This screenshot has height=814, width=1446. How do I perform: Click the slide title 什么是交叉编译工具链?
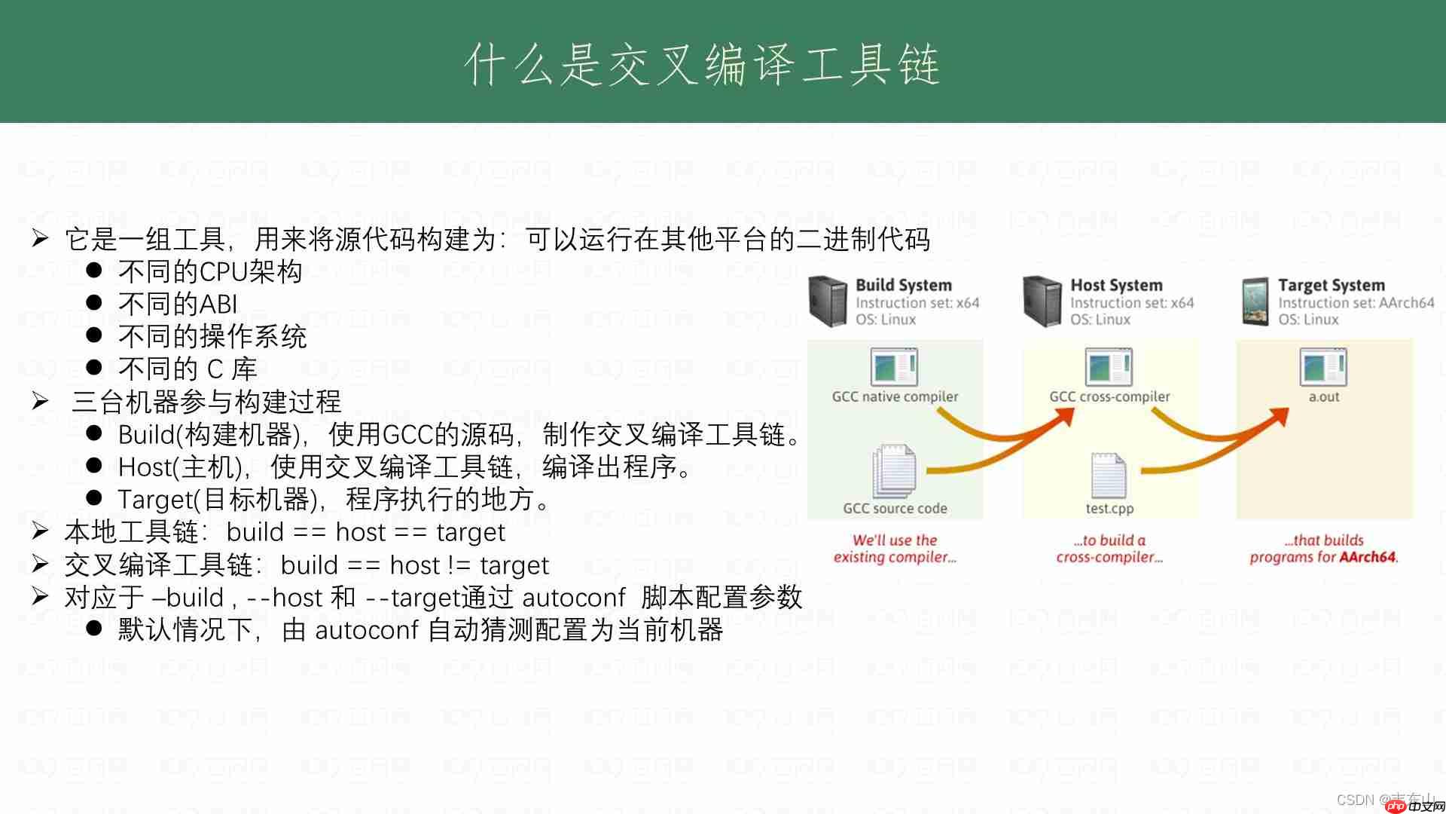[x=702, y=63]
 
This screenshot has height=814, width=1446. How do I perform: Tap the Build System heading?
[x=903, y=285]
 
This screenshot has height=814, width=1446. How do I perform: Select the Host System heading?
[x=1116, y=285]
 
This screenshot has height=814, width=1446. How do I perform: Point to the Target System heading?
[x=1331, y=285]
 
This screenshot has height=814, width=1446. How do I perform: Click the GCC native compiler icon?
[x=894, y=368]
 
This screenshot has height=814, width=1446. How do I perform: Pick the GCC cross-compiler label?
[x=1109, y=396]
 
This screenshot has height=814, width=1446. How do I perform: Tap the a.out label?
[x=1323, y=396]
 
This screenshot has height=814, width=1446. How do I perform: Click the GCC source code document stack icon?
[x=894, y=470]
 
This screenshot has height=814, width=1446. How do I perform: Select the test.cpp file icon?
[x=1109, y=475]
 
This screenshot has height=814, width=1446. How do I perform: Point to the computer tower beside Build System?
[x=828, y=301]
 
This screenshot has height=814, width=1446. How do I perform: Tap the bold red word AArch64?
[x=1369, y=557]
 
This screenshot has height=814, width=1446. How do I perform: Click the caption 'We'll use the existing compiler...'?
[x=895, y=549]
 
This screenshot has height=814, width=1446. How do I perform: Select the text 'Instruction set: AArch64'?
[x=1356, y=303]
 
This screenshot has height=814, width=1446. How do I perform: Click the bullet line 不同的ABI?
[x=178, y=304]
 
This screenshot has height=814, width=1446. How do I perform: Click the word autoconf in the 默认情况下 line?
[x=366, y=630]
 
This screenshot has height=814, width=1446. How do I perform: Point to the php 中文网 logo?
[x=1410, y=806]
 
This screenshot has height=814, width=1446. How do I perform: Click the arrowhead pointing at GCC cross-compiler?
[x=1066, y=416]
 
